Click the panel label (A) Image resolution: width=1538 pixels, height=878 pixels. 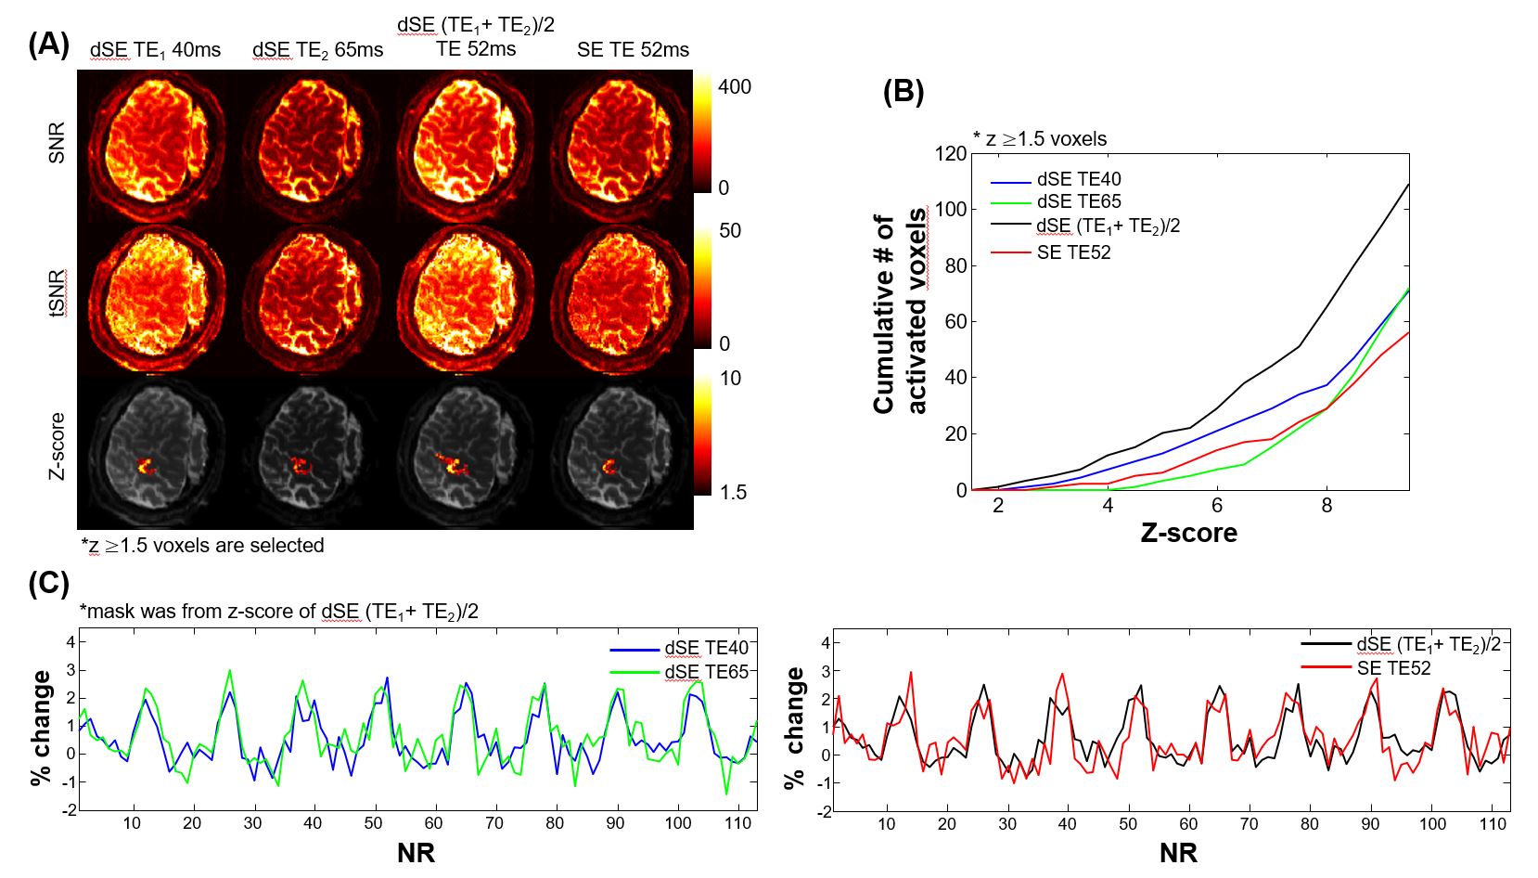[x=48, y=45]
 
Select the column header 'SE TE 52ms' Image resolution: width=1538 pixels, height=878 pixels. [x=633, y=50]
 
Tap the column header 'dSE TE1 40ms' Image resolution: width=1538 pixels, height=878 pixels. [x=155, y=50]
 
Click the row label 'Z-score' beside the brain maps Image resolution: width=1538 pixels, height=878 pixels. [x=58, y=445]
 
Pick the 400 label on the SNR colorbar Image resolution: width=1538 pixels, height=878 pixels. [x=735, y=87]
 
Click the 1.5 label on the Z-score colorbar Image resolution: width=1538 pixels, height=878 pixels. [x=732, y=492]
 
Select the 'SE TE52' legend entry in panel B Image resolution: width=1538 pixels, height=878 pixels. [x=1073, y=252]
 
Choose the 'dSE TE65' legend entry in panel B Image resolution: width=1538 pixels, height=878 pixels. [x=1079, y=201]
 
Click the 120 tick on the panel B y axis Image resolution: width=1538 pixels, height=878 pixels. [x=950, y=153]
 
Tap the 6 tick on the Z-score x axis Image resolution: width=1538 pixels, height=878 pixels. [x=1217, y=506]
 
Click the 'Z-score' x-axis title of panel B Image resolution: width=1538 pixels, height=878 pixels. [x=1188, y=533]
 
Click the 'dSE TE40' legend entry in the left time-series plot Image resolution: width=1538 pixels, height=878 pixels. [x=706, y=648]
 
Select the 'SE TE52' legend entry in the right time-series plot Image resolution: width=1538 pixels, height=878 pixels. [x=1393, y=668]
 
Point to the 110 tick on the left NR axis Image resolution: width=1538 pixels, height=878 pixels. [x=738, y=823]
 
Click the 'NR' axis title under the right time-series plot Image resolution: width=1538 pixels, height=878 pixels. [x=1178, y=852]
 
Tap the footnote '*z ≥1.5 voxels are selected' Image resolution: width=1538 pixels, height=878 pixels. [x=202, y=546]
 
